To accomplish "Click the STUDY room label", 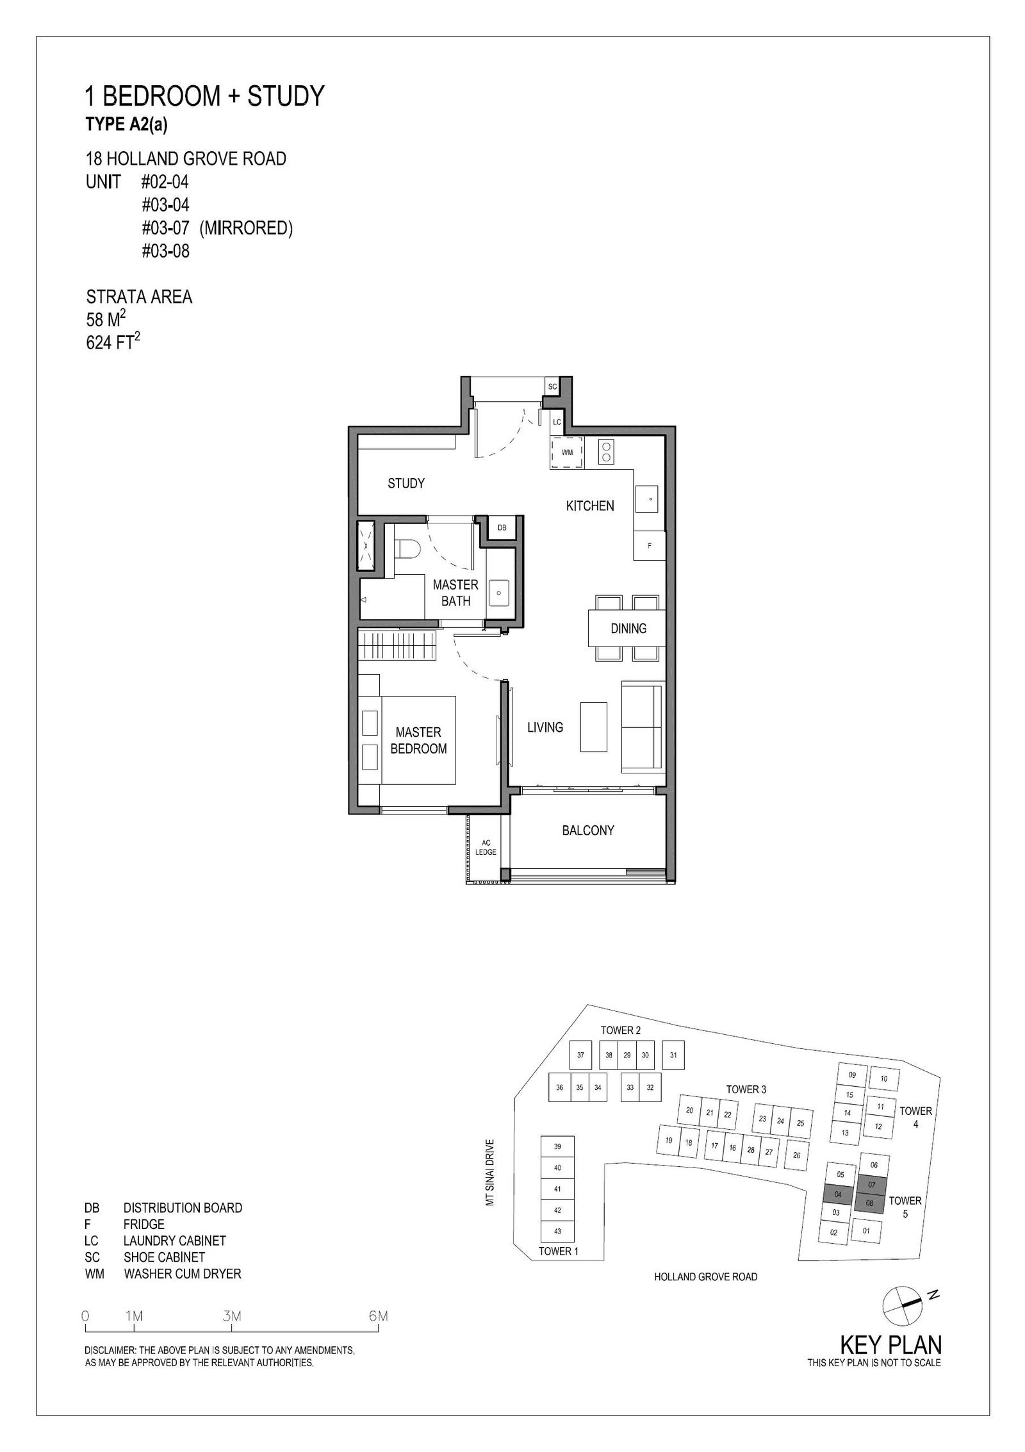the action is (406, 483).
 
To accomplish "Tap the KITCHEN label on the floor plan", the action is (590, 506).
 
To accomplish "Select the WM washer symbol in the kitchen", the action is (567, 452).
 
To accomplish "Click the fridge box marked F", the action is (650, 545).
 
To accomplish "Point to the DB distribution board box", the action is (502, 527).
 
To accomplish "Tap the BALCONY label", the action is (588, 830).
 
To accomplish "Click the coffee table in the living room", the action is (593, 727).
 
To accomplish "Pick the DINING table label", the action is (628, 629).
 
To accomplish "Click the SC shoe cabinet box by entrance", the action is (552, 386).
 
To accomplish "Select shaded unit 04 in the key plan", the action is (838, 1194).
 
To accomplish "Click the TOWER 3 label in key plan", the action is (746, 1089).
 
